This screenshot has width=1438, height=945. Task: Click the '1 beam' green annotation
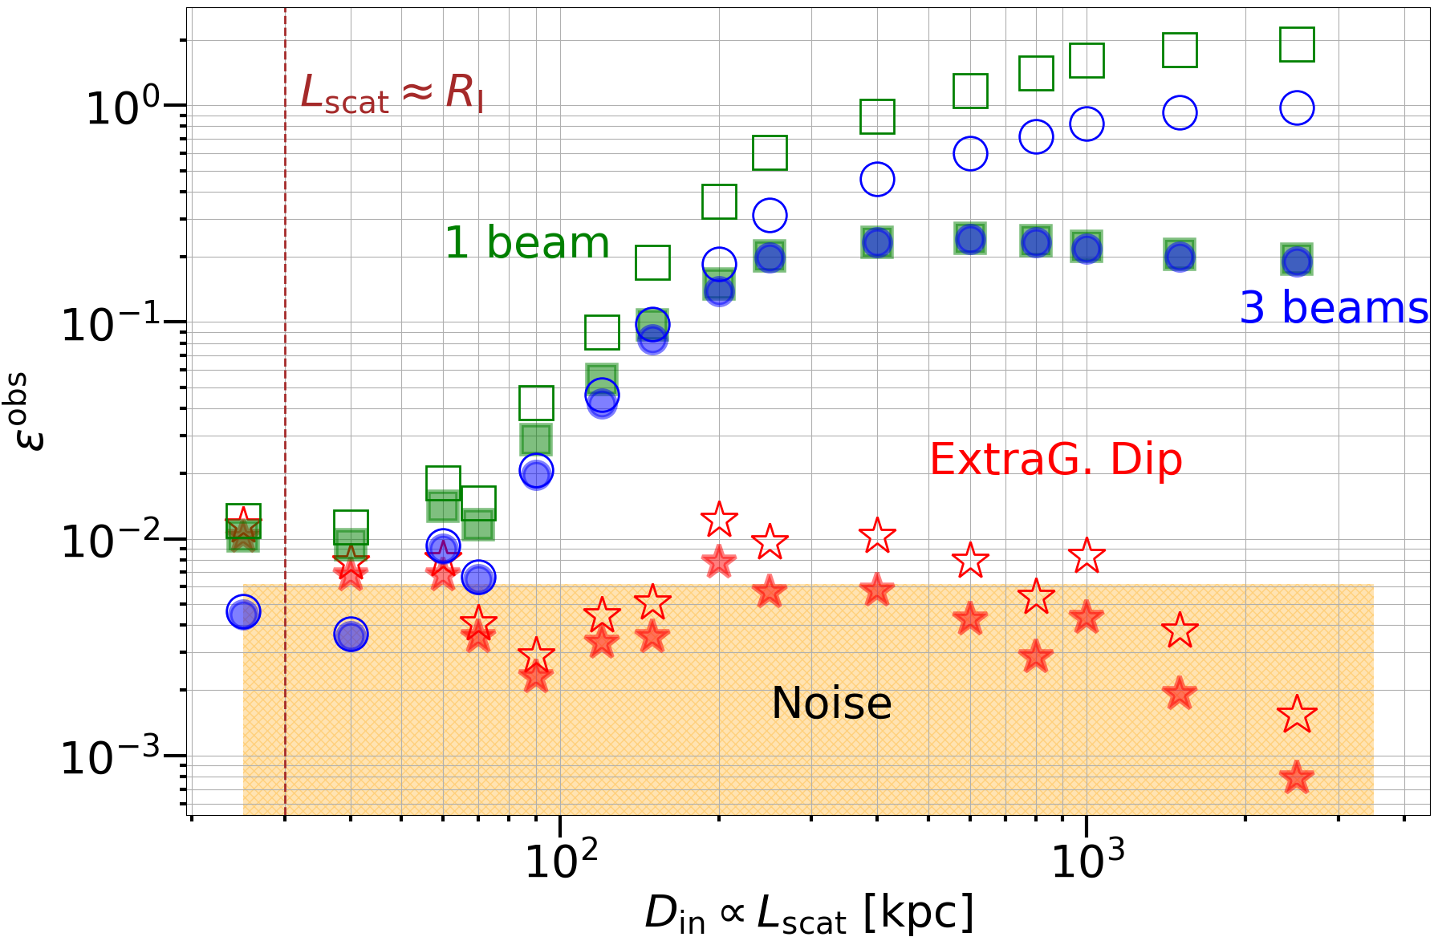click(x=527, y=242)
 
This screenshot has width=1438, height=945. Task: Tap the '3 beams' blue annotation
click(x=1334, y=307)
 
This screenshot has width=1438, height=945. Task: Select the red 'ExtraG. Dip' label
click(x=1055, y=460)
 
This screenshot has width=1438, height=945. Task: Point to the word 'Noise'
click(x=831, y=703)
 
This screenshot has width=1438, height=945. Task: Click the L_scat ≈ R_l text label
click(x=392, y=93)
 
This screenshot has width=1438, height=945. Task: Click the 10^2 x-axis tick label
click(x=561, y=860)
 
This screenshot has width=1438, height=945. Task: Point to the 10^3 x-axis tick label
click(x=1087, y=860)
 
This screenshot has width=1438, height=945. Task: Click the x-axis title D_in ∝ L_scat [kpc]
click(x=809, y=915)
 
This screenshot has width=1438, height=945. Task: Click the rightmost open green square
click(x=1297, y=44)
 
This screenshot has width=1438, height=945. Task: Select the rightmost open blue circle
click(x=1297, y=107)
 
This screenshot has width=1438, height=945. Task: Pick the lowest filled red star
click(x=1297, y=777)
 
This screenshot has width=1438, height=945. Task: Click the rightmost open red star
click(x=1297, y=715)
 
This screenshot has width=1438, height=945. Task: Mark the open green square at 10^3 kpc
click(x=1087, y=60)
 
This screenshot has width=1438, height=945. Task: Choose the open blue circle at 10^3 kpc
click(x=1087, y=124)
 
